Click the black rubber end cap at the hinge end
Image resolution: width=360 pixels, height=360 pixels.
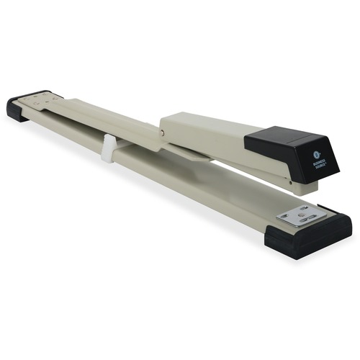20,109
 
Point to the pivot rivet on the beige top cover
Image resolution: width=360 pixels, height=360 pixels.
162,131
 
